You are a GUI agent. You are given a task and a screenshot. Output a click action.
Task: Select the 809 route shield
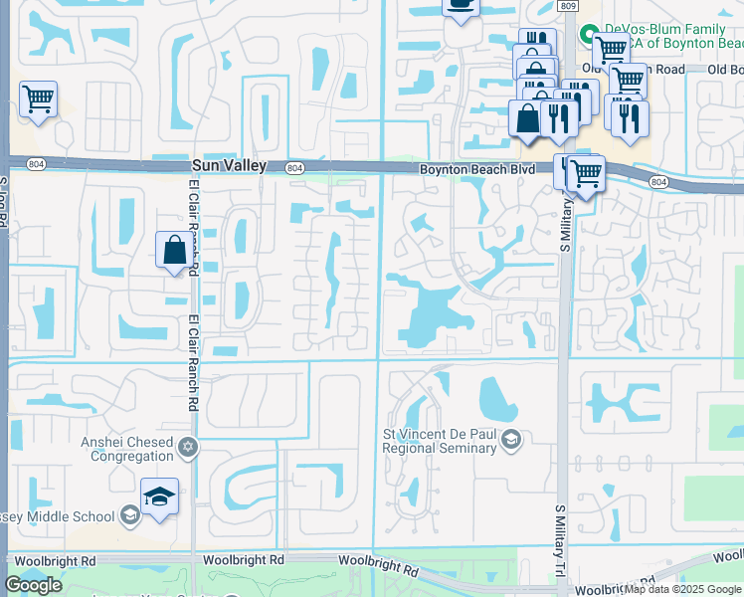(x=567, y=6)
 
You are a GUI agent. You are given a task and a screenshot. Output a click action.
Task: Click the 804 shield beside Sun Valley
(x=294, y=168)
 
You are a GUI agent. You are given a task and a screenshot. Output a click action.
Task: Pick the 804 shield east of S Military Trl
(x=657, y=181)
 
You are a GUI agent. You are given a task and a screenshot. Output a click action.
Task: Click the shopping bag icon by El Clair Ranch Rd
(x=174, y=250)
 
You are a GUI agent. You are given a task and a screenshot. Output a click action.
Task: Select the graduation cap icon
(x=159, y=497)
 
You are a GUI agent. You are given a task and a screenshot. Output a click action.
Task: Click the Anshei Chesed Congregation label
(x=128, y=449)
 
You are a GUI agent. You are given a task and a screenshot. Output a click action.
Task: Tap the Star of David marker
(x=188, y=449)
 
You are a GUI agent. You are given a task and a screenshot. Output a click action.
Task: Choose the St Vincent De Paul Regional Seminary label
(x=440, y=441)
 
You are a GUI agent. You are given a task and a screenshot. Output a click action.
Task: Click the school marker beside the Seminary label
(x=511, y=440)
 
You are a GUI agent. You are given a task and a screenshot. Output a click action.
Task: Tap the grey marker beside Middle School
(x=128, y=514)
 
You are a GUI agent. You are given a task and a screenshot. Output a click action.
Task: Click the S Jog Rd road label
(x=4, y=204)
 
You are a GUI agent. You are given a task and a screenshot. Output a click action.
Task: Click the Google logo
(x=33, y=585)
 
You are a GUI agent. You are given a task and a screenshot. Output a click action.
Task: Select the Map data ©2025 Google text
(x=682, y=589)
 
